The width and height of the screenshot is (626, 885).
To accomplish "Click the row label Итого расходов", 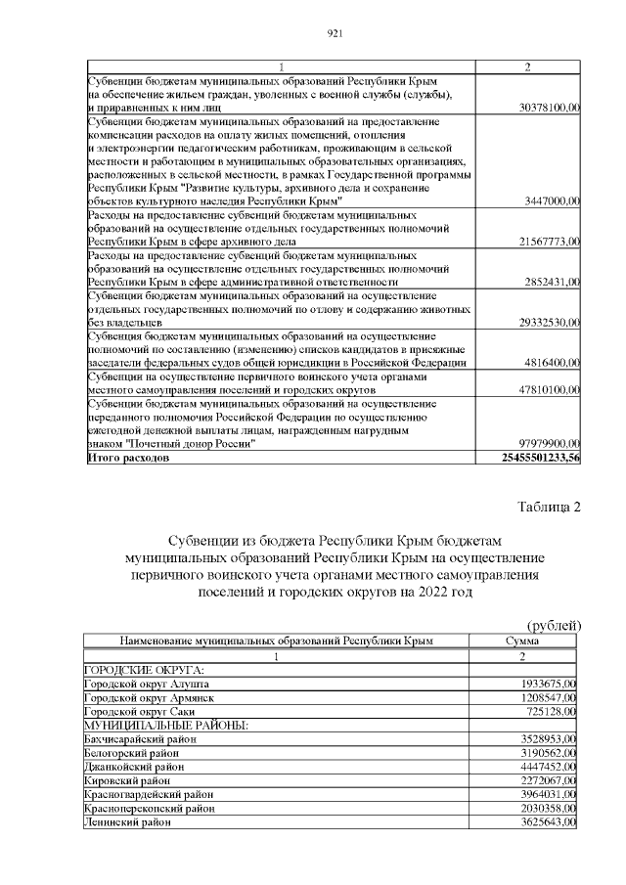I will (129, 457).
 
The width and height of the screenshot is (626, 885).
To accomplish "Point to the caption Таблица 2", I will (548, 507).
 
